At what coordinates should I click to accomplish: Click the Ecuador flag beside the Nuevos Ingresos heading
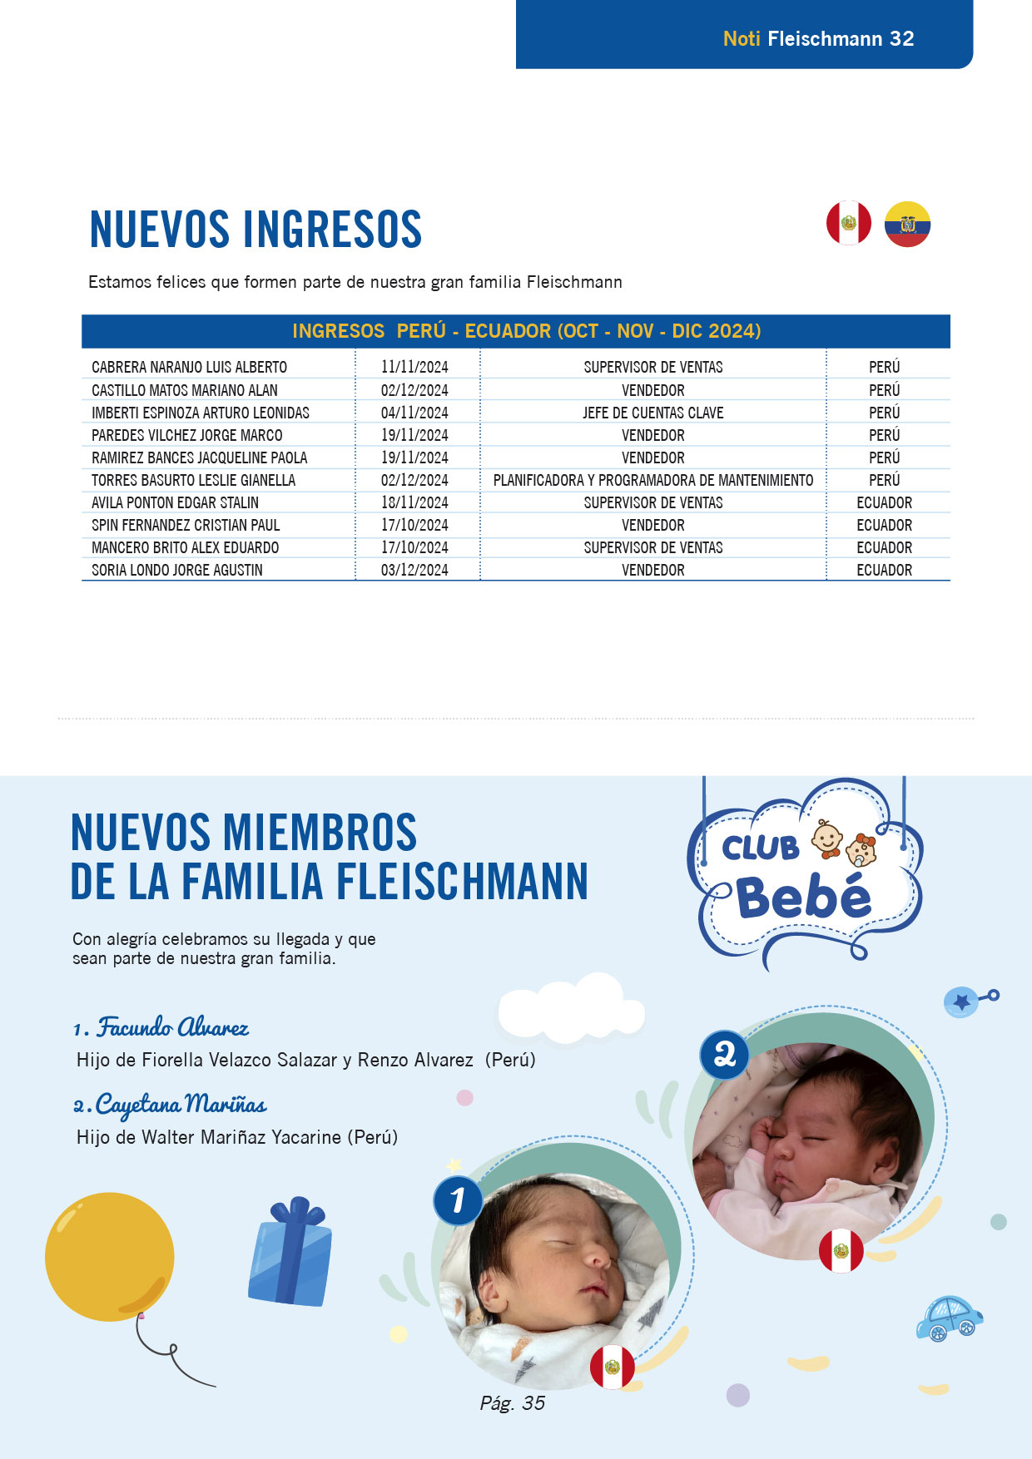point(907,225)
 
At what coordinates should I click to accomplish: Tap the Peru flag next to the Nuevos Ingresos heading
point(848,223)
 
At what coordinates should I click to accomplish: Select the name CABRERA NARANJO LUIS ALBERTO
point(189,367)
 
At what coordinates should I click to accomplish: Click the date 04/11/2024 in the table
point(414,413)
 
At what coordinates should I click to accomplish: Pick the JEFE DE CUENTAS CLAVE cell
point(652,413)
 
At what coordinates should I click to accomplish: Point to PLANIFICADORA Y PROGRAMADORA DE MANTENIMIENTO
point(652,480)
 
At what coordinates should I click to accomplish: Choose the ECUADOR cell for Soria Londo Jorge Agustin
point(884,570)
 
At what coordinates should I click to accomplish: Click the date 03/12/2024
point(414,570)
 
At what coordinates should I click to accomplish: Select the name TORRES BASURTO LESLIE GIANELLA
point(193,480)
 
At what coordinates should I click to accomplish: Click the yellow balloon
point(109,1257)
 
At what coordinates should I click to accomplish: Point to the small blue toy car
point(949,1318)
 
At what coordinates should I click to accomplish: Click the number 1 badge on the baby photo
point(458,1200)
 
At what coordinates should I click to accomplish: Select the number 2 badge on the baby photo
point(724,1055)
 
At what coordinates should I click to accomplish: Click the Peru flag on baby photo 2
point(841,1251)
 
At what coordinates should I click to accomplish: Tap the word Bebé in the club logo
point(804,898)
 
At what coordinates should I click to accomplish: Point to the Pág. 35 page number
point(512,1403)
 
